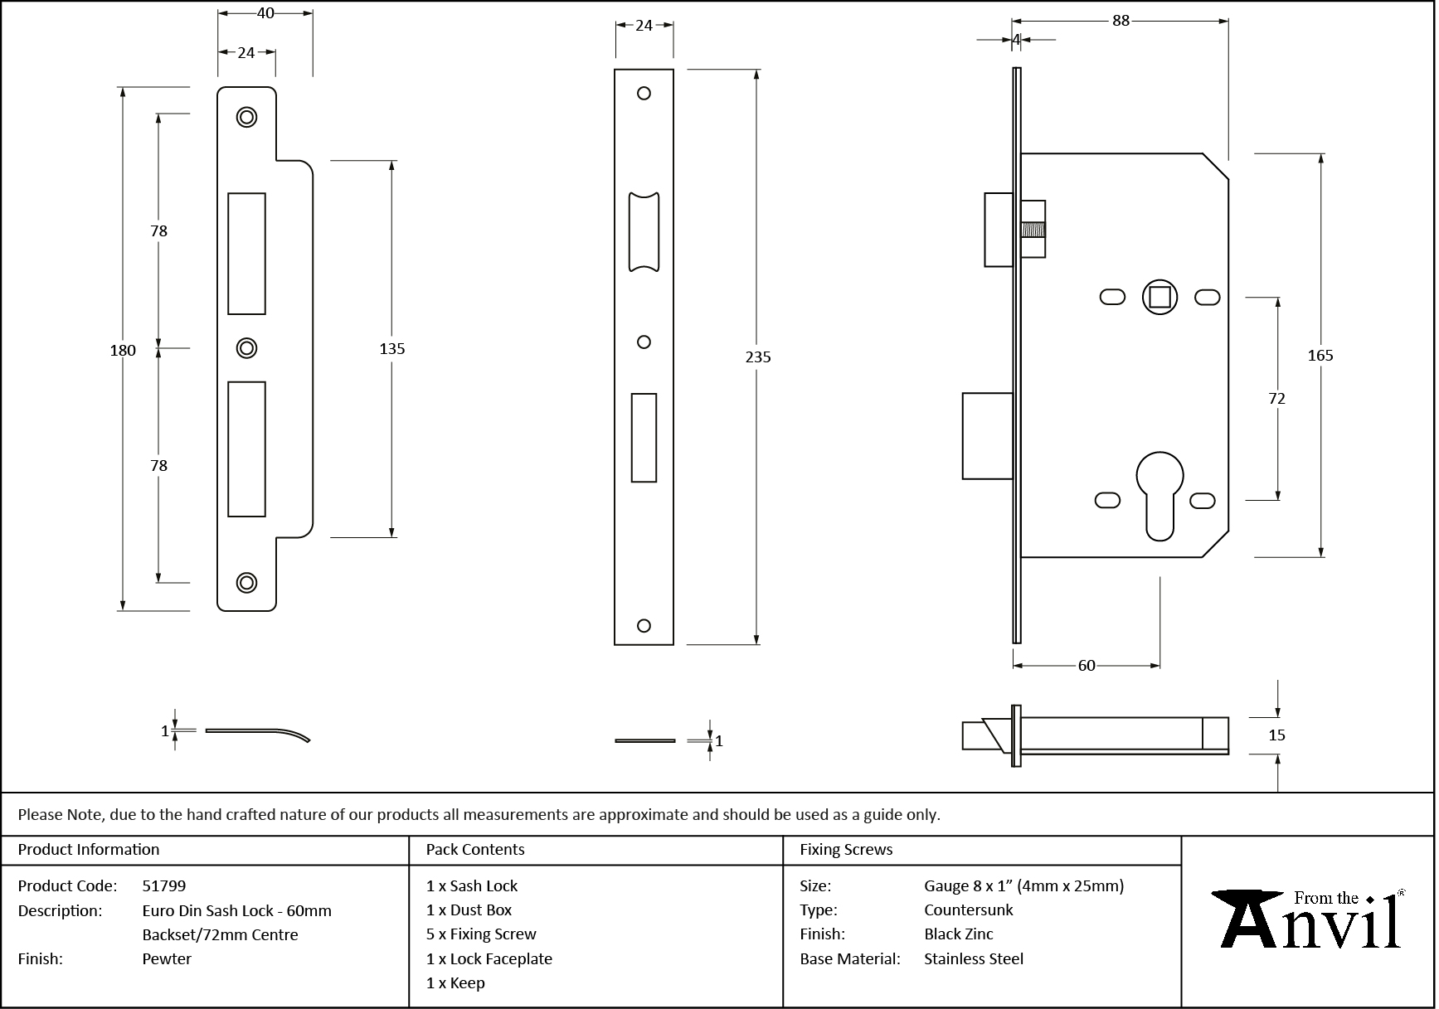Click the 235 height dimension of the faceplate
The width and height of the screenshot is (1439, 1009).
[x=758, y=357]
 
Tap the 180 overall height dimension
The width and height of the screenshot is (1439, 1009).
[x=123, y=351]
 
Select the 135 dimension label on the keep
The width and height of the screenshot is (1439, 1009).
[x=391, y=349]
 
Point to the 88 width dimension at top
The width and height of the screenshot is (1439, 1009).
[x=1121, y=21]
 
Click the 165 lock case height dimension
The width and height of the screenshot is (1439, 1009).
[x=1320, y=356]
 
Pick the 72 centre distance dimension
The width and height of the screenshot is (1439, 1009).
[x=1276, y=399]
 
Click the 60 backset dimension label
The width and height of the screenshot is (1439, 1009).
[x=1087, y=666]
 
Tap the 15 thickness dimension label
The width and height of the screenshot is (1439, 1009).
[x=1276, y=735]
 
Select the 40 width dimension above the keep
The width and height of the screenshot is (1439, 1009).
[x=265, y=13]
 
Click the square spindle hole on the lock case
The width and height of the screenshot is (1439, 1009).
[x=1159, y=298]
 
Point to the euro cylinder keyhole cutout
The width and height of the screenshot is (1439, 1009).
[x=1160, y=493]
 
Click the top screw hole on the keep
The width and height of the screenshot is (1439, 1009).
[x=246, y=117]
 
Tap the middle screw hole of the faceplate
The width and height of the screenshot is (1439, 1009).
[x=644, y=342]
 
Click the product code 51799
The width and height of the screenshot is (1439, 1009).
[x=164, y=886]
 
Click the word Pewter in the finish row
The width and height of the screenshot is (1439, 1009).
[x=167, y=959]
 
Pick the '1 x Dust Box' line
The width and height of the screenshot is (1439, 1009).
[x=469, y=910]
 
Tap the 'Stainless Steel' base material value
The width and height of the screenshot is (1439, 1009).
[x=974, y=959]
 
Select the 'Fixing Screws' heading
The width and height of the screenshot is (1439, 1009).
[x=846, y=850]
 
